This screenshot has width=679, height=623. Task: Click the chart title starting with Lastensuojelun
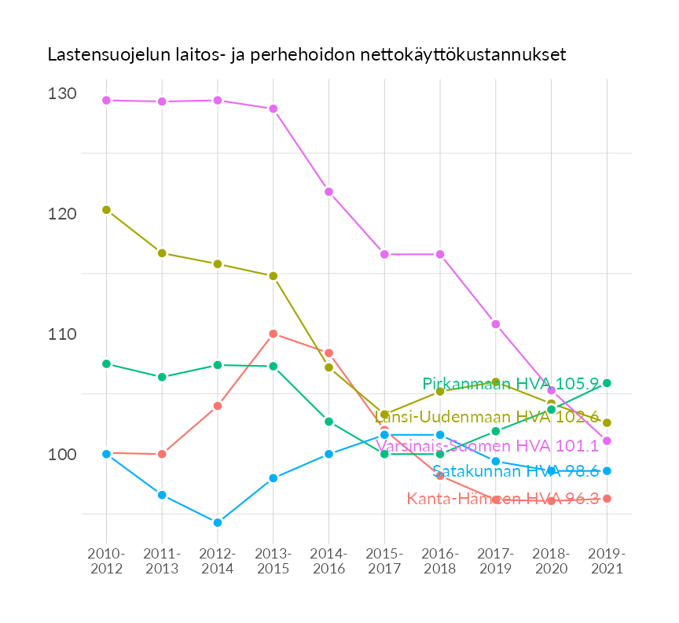[x=306, y=55]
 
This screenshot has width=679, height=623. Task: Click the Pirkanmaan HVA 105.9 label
[x=511, y=384]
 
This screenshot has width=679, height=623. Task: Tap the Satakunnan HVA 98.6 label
[x=516, y=471]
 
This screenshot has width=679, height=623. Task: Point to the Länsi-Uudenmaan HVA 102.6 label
[x=487, y=416]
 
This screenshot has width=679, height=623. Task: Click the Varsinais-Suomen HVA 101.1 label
[x=487, y=446]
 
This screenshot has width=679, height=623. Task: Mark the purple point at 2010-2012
[x=106, y=101]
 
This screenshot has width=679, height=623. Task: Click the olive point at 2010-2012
[x=106, y=210]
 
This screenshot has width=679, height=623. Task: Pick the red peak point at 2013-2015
[x=273, y=334]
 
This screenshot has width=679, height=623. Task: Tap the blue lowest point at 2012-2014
[x=218, y=522]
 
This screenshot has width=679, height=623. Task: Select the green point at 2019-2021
[x=607, y=383]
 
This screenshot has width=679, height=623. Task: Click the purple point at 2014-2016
[x=328, y=192]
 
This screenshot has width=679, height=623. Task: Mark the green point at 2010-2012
[x=106, y=363]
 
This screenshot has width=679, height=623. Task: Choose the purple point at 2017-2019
[x=496, y=324]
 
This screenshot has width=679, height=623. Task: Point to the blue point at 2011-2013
[x=162, y=495]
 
